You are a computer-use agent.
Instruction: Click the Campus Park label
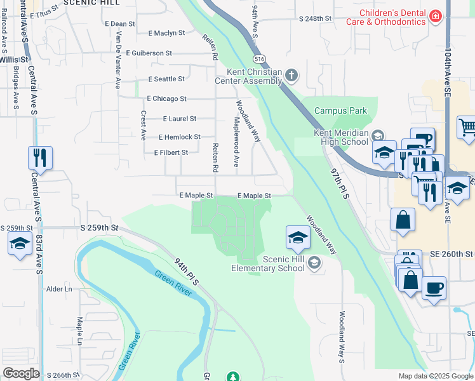pyautogui.click(x=340, y=110)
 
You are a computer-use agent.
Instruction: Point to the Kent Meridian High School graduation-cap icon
pyautogui.click(x=377, y=135)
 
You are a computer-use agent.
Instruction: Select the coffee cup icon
pyautogui.click(x=434, y=287)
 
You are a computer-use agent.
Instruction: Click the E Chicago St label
pyautogui.click(x=166, y=99)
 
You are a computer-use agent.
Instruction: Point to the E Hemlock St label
pyautogui.click(x=179, y=137)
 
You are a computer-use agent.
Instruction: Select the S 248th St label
pyautogui.click(x=316, y=19)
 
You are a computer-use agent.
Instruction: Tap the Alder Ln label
pyautogui.click(x=59, y=289)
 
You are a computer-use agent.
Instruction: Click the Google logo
pyautogui.click(x=21, y=373)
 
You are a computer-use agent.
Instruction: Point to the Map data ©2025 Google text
pyautogui.click(x=435, y=376)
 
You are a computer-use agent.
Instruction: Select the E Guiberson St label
pyautogui.click(x=156, y=53)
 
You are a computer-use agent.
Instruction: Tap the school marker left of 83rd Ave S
pyautogui.click(x=20, y=243)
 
